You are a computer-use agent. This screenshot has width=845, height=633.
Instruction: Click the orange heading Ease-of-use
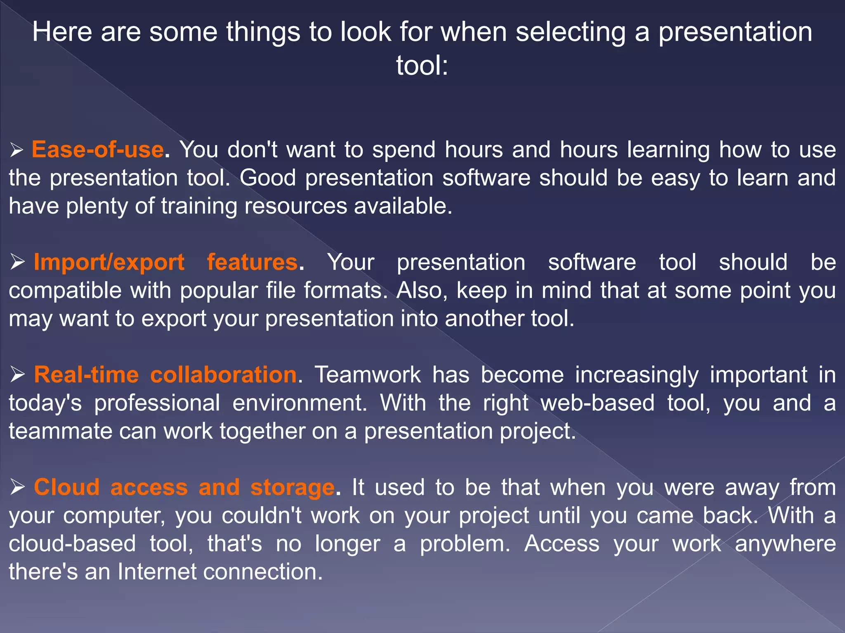pyautogui.click(x=98, y=149)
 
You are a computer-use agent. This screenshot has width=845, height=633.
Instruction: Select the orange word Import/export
pyautogui.click(x=109, y=263)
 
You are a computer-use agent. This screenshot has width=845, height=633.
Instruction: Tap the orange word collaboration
pyautogui.click(x=223, y=375)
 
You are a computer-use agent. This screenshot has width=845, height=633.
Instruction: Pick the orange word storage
pyautogui.click(x=292, y=488)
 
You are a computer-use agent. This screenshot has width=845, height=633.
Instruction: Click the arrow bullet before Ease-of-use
pyautogui.click(x=17, y=150)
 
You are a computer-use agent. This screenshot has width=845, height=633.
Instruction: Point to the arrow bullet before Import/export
pyautogui.click(x=18, y=263)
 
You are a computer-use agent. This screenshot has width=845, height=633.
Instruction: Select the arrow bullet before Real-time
pyautogui.click(x=18, y=375)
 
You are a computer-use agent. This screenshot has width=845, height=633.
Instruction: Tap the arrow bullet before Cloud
pyautogui.click(x=18, y=488)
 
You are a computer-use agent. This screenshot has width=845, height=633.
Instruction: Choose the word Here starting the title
pyautogui.click(x=62, y=32)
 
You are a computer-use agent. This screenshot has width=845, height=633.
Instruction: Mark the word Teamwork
pyautogui.click(x=368, y=375)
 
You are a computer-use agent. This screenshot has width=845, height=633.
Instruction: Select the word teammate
pyautogui.click(x=60, y=431)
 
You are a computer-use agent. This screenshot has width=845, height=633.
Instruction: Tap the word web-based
pyautogui.click(x=597, y=403)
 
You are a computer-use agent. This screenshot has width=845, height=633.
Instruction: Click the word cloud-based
pyautogui.click(x=72, y=544)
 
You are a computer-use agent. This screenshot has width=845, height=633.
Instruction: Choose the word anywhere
pyautogui.click(x=785, y=544)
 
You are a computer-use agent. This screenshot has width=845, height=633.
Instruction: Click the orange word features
pyautogui.click(x=252, y=263)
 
